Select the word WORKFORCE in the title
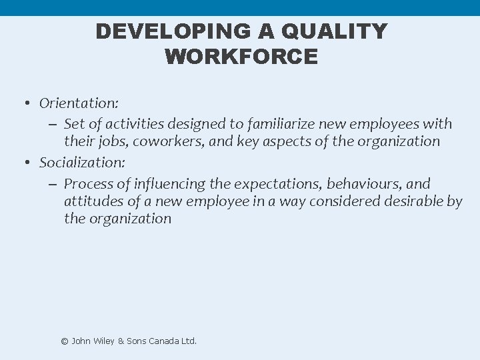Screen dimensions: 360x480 (x=241, y=57)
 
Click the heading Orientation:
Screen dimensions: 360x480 (x=79, y=103)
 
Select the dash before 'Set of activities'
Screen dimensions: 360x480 (x=53, y=124)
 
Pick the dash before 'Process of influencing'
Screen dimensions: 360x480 (x=53, y=183)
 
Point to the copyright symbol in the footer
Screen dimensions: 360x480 (x=65, y=341)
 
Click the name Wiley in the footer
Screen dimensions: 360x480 (x=102, y=341)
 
